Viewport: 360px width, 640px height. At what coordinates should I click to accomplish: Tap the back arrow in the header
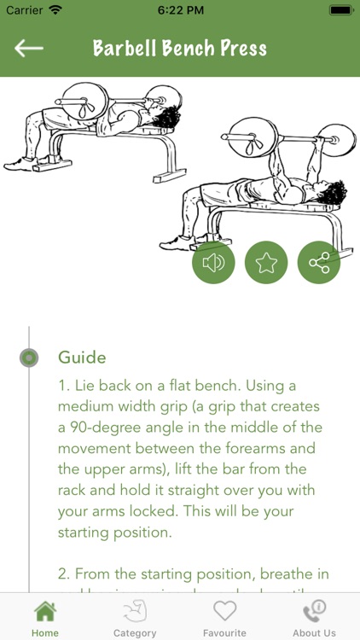pos(29,48)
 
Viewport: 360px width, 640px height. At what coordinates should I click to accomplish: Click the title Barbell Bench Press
pos(180,48)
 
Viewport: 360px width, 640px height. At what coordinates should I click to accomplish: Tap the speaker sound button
pos(213,263)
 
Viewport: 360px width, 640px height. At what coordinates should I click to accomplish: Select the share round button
pos(319,263)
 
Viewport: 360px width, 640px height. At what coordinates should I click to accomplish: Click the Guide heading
pos(82,357)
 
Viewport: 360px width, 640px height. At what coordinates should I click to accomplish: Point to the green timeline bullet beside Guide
pos(29,358)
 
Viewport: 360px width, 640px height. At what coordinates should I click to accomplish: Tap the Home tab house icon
pos(45,612)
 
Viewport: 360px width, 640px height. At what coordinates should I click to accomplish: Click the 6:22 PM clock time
pos(180,11)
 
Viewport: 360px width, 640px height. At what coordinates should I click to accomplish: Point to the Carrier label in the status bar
pos(23,11)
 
